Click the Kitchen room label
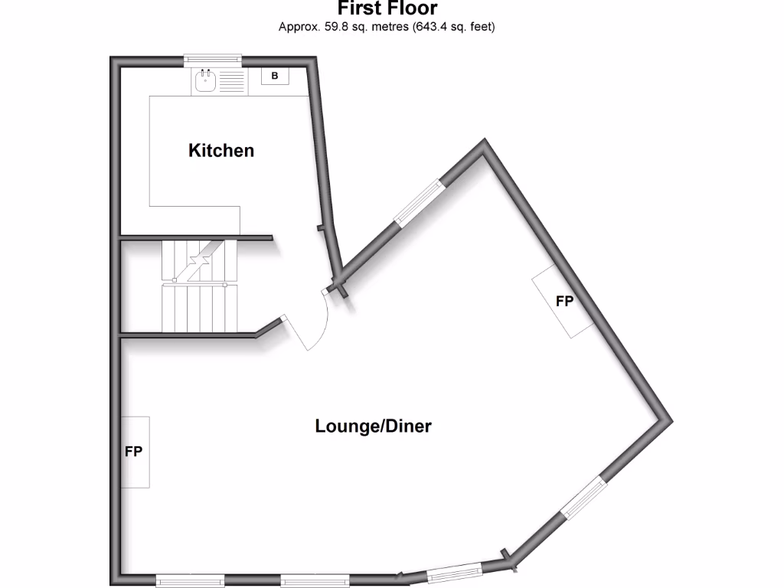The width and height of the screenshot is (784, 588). click(221, 150)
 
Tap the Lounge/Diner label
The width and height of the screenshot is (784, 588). click(373, 426)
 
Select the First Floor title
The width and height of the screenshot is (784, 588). click(387, 9)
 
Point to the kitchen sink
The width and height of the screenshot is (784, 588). click(205, 81)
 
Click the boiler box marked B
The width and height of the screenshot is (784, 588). click(275, 76)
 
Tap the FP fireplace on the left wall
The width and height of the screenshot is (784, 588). click(135, 452)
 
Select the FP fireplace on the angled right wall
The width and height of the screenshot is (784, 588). click(564, 301)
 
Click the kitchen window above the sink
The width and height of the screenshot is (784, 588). click(213, 59)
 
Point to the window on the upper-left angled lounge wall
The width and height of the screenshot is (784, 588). click(419, 202)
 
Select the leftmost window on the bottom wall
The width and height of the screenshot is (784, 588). click(190, 581)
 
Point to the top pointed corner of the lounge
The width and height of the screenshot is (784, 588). click(484, 143)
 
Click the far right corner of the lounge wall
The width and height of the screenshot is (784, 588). click(668, 421)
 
